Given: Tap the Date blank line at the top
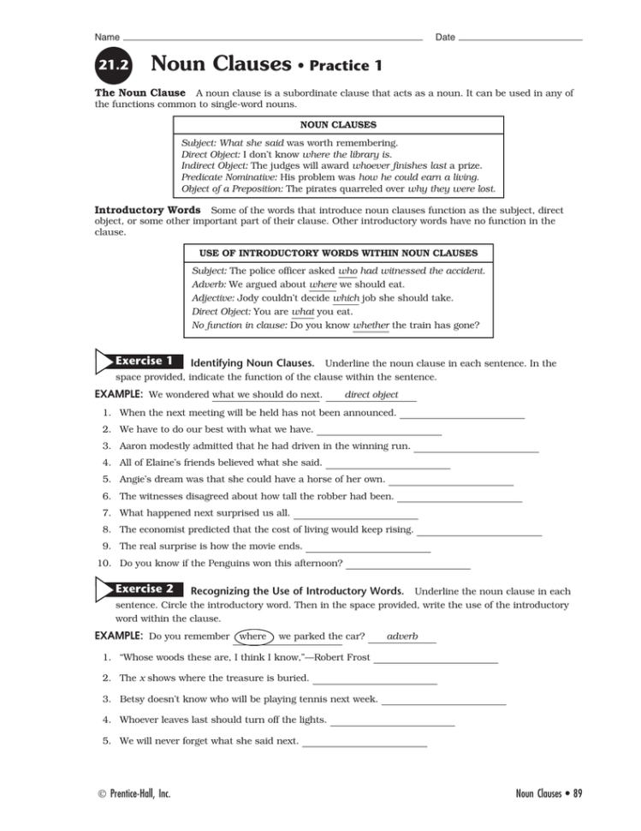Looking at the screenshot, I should click(520, 39).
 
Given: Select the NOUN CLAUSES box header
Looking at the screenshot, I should click(337, 124).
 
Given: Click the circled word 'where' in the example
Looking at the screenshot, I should click(253, 637).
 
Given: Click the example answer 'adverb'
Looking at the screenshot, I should click(402, 637).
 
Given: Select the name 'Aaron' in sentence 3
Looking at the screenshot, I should click(134, 446).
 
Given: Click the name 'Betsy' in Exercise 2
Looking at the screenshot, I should click(134, 699).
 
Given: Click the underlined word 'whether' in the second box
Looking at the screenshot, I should click(371, 326).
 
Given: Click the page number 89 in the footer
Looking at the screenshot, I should click(577, 793).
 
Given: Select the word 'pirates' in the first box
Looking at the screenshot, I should click(325, 188).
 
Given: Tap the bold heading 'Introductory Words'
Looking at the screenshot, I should click(147, 209).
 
